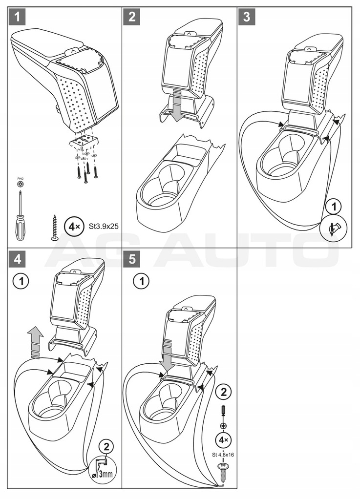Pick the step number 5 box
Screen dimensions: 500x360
132,259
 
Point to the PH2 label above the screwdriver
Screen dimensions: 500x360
20,179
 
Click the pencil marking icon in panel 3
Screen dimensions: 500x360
334,228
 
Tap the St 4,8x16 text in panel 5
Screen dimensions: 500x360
222,455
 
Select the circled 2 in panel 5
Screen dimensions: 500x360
223,392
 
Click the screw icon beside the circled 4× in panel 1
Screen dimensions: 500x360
54,227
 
